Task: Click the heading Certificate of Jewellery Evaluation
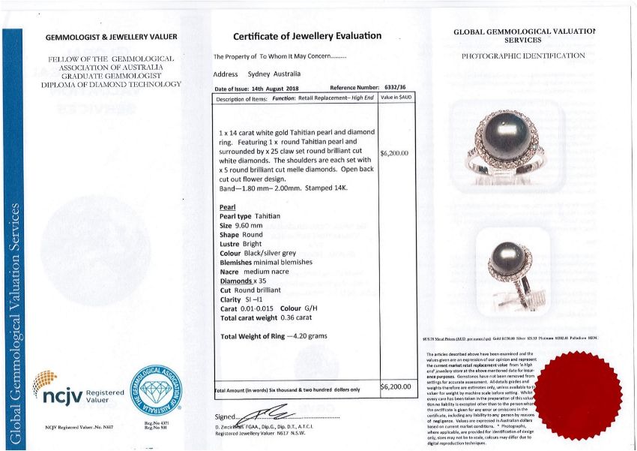(307, 36)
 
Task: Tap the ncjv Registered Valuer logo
(79, 389)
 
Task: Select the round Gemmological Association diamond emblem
(157, 389)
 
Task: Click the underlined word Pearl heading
(228, 207)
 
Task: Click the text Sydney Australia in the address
(274, 74)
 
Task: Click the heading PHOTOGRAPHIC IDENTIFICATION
(523, 56)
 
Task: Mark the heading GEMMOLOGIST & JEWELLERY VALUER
(111, 37)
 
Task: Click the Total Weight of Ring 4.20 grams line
(277, 335)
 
